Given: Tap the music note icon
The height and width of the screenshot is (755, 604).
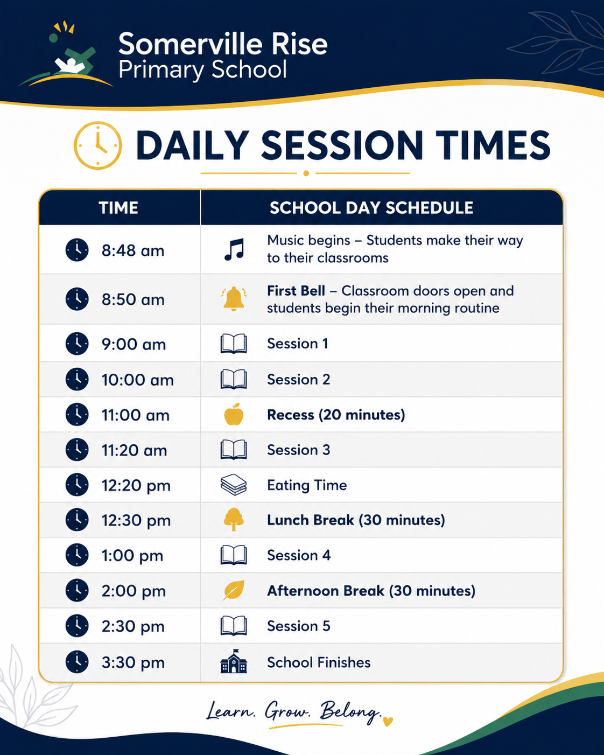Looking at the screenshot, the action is point(234,249).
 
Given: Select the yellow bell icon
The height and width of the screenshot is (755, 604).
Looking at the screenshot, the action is point(234,298).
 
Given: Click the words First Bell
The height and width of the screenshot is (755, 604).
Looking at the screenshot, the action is point(296,291).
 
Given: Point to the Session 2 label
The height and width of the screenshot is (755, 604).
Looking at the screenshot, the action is point(298,379).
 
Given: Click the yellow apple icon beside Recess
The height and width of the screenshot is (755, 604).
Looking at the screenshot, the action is point(234,414).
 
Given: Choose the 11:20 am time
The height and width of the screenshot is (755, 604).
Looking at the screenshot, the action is point(134,450).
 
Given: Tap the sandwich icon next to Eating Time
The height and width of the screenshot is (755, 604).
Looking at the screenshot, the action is point(234,485).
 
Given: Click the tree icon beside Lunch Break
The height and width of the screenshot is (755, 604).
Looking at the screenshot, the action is point(234,519).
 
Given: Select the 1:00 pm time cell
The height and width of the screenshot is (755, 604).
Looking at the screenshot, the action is point(132,555).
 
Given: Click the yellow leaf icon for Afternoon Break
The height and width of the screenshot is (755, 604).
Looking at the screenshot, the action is point(234,590).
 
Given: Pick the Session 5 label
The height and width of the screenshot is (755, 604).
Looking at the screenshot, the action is point(298,626).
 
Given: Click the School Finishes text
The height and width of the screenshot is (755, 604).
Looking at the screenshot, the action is point(319,662).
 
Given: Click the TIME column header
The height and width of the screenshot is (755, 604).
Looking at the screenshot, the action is point(118,207).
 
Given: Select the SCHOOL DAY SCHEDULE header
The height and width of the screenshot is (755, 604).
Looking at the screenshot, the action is point(371,207).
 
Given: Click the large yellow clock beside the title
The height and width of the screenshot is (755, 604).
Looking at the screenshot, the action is point(98,145).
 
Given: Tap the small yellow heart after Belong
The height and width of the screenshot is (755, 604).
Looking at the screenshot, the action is point(388,722).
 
